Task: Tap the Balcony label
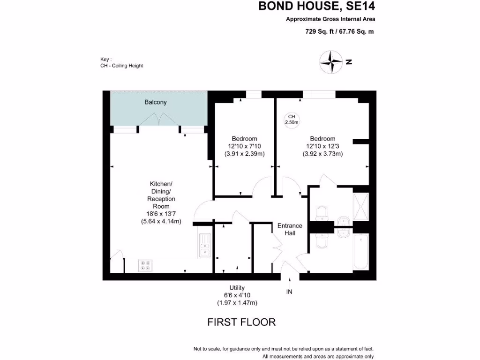155,102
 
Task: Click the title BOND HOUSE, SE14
317,7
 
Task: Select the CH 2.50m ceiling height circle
292,120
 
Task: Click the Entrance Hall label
289,229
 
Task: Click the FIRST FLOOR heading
241,322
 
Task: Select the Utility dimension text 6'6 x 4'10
237,295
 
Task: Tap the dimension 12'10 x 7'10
244,146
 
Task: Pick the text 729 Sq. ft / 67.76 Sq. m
339,32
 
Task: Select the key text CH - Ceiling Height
121,66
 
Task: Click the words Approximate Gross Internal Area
330,19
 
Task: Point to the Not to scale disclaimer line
284,349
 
